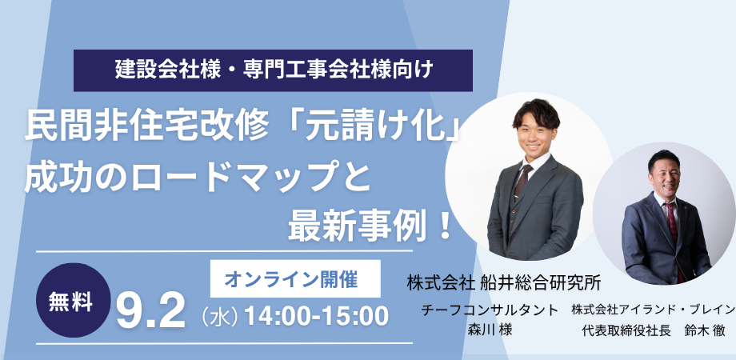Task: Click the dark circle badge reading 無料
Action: (x=74, y=300)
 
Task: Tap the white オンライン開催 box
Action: (x=295, y=279)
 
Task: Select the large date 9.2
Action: (x=150, y=313)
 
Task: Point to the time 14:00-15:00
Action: (x=317, y=316)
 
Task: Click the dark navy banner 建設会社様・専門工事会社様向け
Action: (x=273, y=70)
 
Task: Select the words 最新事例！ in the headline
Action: (x=371, y=226)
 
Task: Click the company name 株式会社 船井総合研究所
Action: (x=504, y=283)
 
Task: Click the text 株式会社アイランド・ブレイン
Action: (x=654, y=310)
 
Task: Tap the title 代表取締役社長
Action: (x=619, y=330)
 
